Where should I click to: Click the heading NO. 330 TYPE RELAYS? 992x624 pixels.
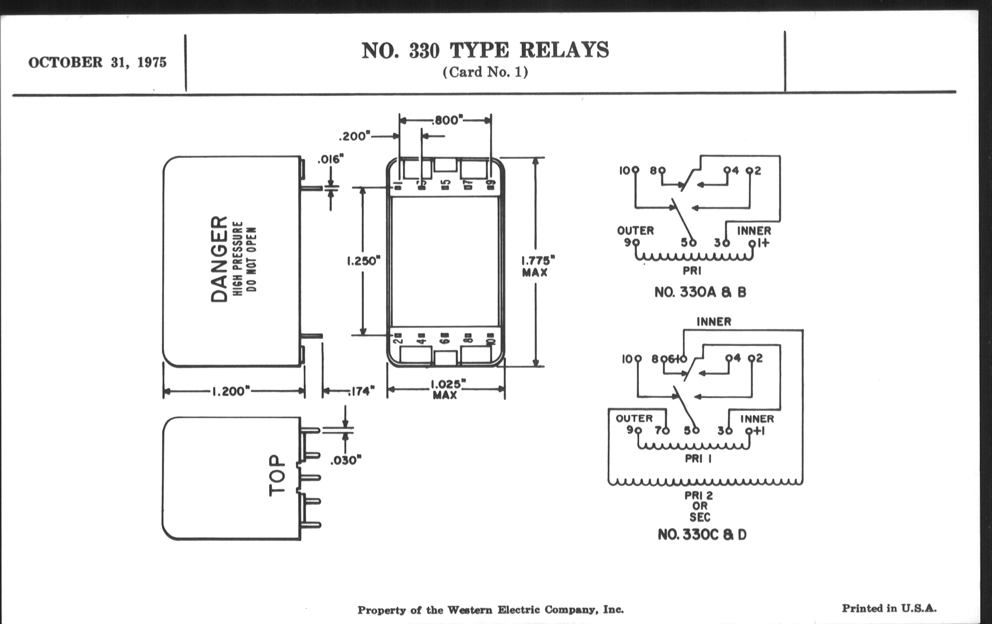pos(485,50)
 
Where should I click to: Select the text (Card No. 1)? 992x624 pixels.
pos(485,73)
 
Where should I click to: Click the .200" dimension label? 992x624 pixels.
pos(354,136)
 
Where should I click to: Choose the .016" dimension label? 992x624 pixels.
pos(330,159)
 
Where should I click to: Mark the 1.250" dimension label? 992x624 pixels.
pos(363,261)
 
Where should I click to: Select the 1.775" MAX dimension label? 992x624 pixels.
pos(537,266)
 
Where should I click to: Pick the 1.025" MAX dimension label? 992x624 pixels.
pos(447,389)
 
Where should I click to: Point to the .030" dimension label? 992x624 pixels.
pos(345,460)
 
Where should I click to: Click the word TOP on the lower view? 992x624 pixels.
pos(277,475)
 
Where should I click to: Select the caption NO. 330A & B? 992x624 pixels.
pos(700,292)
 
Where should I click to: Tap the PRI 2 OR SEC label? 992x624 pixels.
pos(699,506)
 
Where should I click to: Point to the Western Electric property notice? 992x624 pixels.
pos(490,610)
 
